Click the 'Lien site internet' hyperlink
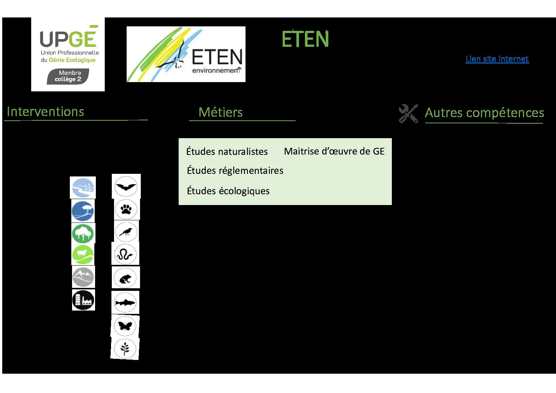coord(497,59)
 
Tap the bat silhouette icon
coord(126,186)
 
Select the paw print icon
coord(126,209)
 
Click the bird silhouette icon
coord(126,232)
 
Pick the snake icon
coord(125,254)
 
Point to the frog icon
coord(125,278)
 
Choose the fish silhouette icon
coord(125,302)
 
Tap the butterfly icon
coord(125,326)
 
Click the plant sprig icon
coord(125,348)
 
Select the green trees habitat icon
coord(83,234)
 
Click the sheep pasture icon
coord(83,255)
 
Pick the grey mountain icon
coord(83,277)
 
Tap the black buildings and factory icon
coord(84,300)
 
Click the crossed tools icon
coord(408,113)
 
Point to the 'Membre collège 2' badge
coord(68,76)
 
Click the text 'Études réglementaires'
coord(235,170)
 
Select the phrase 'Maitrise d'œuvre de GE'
coord(334,151)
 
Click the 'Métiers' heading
coord(220,112)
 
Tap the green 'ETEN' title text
coord(305,39)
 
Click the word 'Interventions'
coord(45,112)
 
